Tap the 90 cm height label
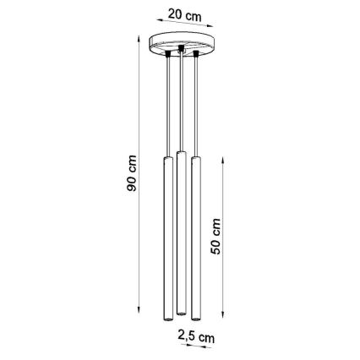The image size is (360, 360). click(130, 178)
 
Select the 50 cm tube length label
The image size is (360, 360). click(217, 240)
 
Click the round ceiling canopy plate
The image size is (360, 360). click(179, 43)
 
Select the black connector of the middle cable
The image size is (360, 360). click(179, 51)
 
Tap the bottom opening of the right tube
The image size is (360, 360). click(196, 321)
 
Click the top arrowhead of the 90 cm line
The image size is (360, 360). click(140, 38)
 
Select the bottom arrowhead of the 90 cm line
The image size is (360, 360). click(140, 322)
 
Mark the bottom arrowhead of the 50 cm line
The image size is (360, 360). click(223, 322)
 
